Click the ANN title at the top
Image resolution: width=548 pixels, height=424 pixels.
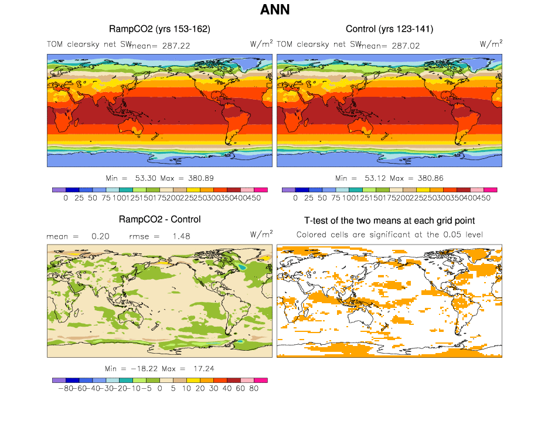pos(274,10)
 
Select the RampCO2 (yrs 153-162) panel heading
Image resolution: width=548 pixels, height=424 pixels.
pos(159,29)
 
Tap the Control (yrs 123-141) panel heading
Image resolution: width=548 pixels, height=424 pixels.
pos(389,29)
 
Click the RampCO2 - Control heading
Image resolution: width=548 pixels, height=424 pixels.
pos(159,219)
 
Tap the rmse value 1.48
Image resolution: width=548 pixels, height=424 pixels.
pos(178,236)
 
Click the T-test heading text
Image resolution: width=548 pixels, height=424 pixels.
pos(389,221)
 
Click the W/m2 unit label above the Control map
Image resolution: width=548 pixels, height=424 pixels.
pos(491,43)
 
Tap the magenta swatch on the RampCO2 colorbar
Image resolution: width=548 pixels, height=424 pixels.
pos(261,189)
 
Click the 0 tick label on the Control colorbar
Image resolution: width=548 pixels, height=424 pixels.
pos(295,198)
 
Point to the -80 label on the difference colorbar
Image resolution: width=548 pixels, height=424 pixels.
pos(59,388)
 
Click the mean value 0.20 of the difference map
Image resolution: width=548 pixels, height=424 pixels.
pos(99,236)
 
